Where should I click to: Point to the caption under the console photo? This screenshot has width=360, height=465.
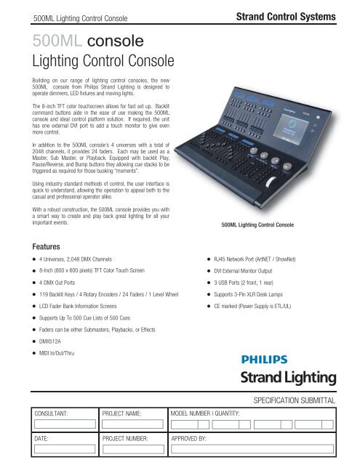click(x=268, y=225)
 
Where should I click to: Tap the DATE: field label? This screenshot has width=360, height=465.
click(x=36, y=439)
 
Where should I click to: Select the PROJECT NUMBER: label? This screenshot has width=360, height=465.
click(x=132, y=439)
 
